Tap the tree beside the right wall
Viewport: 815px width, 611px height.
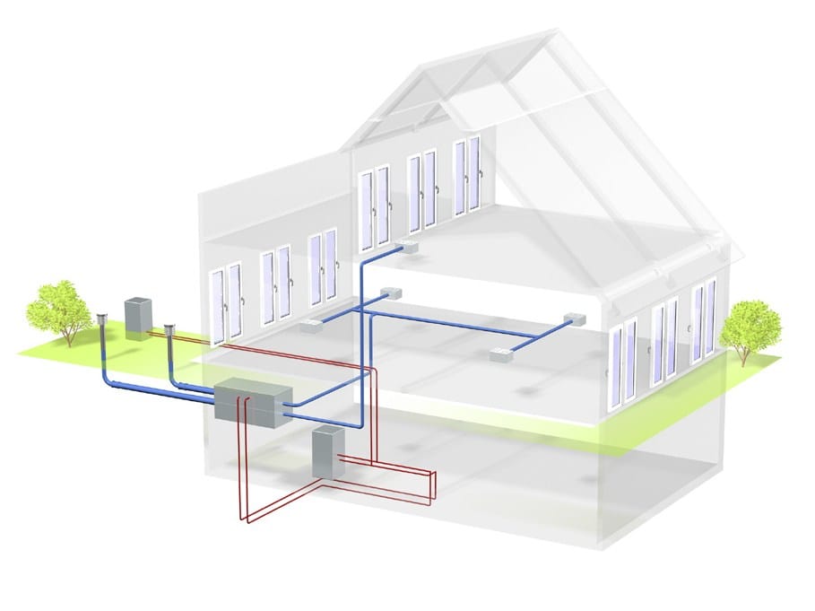click(750, 325)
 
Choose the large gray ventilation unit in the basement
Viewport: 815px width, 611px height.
click(255, 405)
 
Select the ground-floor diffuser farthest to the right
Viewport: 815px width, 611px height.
click(571, 319)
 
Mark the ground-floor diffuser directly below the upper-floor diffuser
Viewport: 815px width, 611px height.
click(387, 293)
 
